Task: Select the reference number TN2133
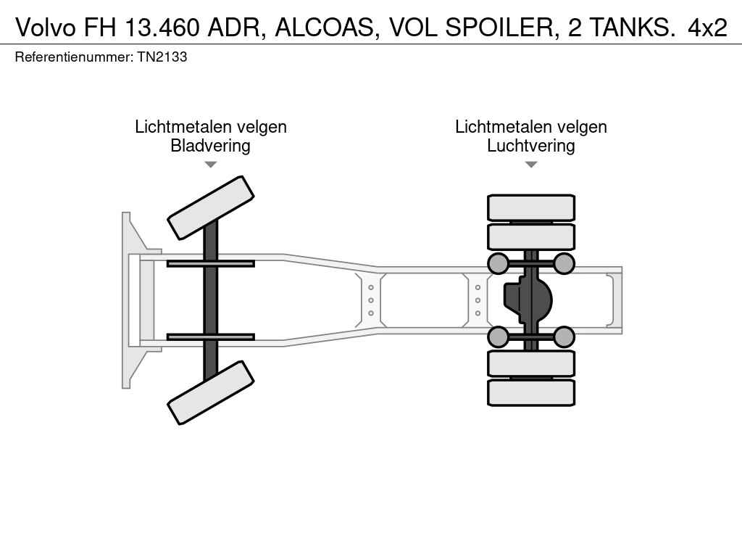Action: pyautogui.click(x=163, y=57)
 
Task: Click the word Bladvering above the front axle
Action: pyautogui.click(x=210, y=146)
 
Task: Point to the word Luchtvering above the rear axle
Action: pyautogui.click(x=530, y=146)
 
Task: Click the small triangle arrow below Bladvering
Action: pyautogui.click(x=210, y=165)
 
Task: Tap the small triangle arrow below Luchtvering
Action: pyautogui.click(x=530, y=165)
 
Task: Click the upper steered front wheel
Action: pyautogui.click(x=211, y=207)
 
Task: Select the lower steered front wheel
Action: pyautogui.click(x=211, y=392)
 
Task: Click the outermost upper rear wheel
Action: pyautogui.click(x=531, y=207)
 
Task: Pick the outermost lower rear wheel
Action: pyautogui.click(x=531, y=392)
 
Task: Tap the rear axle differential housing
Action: pyautogui.click(x=528, y=300)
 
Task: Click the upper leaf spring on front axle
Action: pyautogui.click(x=210, y=263)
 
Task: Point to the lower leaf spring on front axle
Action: pyautogui.click(x=210, y=337)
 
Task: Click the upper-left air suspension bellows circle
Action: pyautogui.click(x=498, y=263)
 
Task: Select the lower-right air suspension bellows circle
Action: pyautogui.click(x=564, y=337)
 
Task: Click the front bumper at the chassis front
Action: pyautogui.click(x=129, y=300)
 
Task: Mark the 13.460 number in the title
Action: pyautogui.click(x=163, y=27)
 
